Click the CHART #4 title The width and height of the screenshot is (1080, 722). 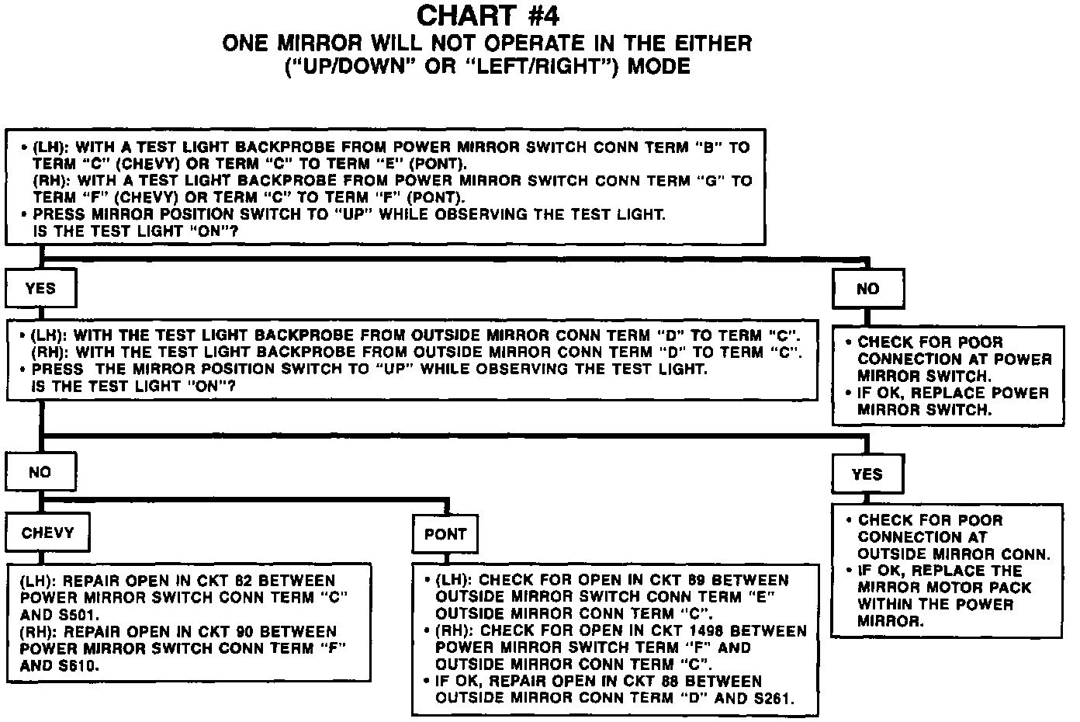pyautogui.click(x=487, y=16)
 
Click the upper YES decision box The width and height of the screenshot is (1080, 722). pyautogui.click(x=40, y=289)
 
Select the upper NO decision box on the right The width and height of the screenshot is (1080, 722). pyautogui.click(x=867, y=290)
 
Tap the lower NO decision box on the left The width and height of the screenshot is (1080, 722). pyautogui.click(x=40, y=472)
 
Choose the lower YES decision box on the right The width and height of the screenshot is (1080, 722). pyautogui.click(x=867, y=474)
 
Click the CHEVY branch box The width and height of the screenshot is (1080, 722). pyautogui.click(x=48, y=533)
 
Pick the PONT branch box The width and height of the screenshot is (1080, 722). pyautogui.click(x=445, y=534)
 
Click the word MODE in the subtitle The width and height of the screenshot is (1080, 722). pyautogui.click(x=658, y=66)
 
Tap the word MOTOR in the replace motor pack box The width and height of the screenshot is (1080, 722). pyautogui.click(x=952, y=588)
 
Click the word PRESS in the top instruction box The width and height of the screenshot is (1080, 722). pyautogui.click(x=60, y=214)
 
